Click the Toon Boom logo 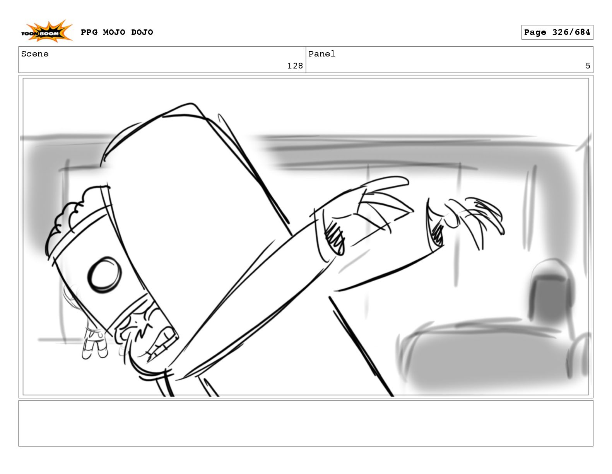[47, 32]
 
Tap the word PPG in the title [89, 32]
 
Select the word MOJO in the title [114, 32]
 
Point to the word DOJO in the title [142, 32]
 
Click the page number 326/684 [571, 32]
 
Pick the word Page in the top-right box [535, 33]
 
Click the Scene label [35, 54]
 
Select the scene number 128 [295, 66]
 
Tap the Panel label [321, 54]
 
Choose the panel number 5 [588, 66]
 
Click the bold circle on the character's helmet [104, 275]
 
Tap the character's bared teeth [161, 342]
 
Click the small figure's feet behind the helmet [95, 352]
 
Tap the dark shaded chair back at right [550, 296]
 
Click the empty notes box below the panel [306, 423]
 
